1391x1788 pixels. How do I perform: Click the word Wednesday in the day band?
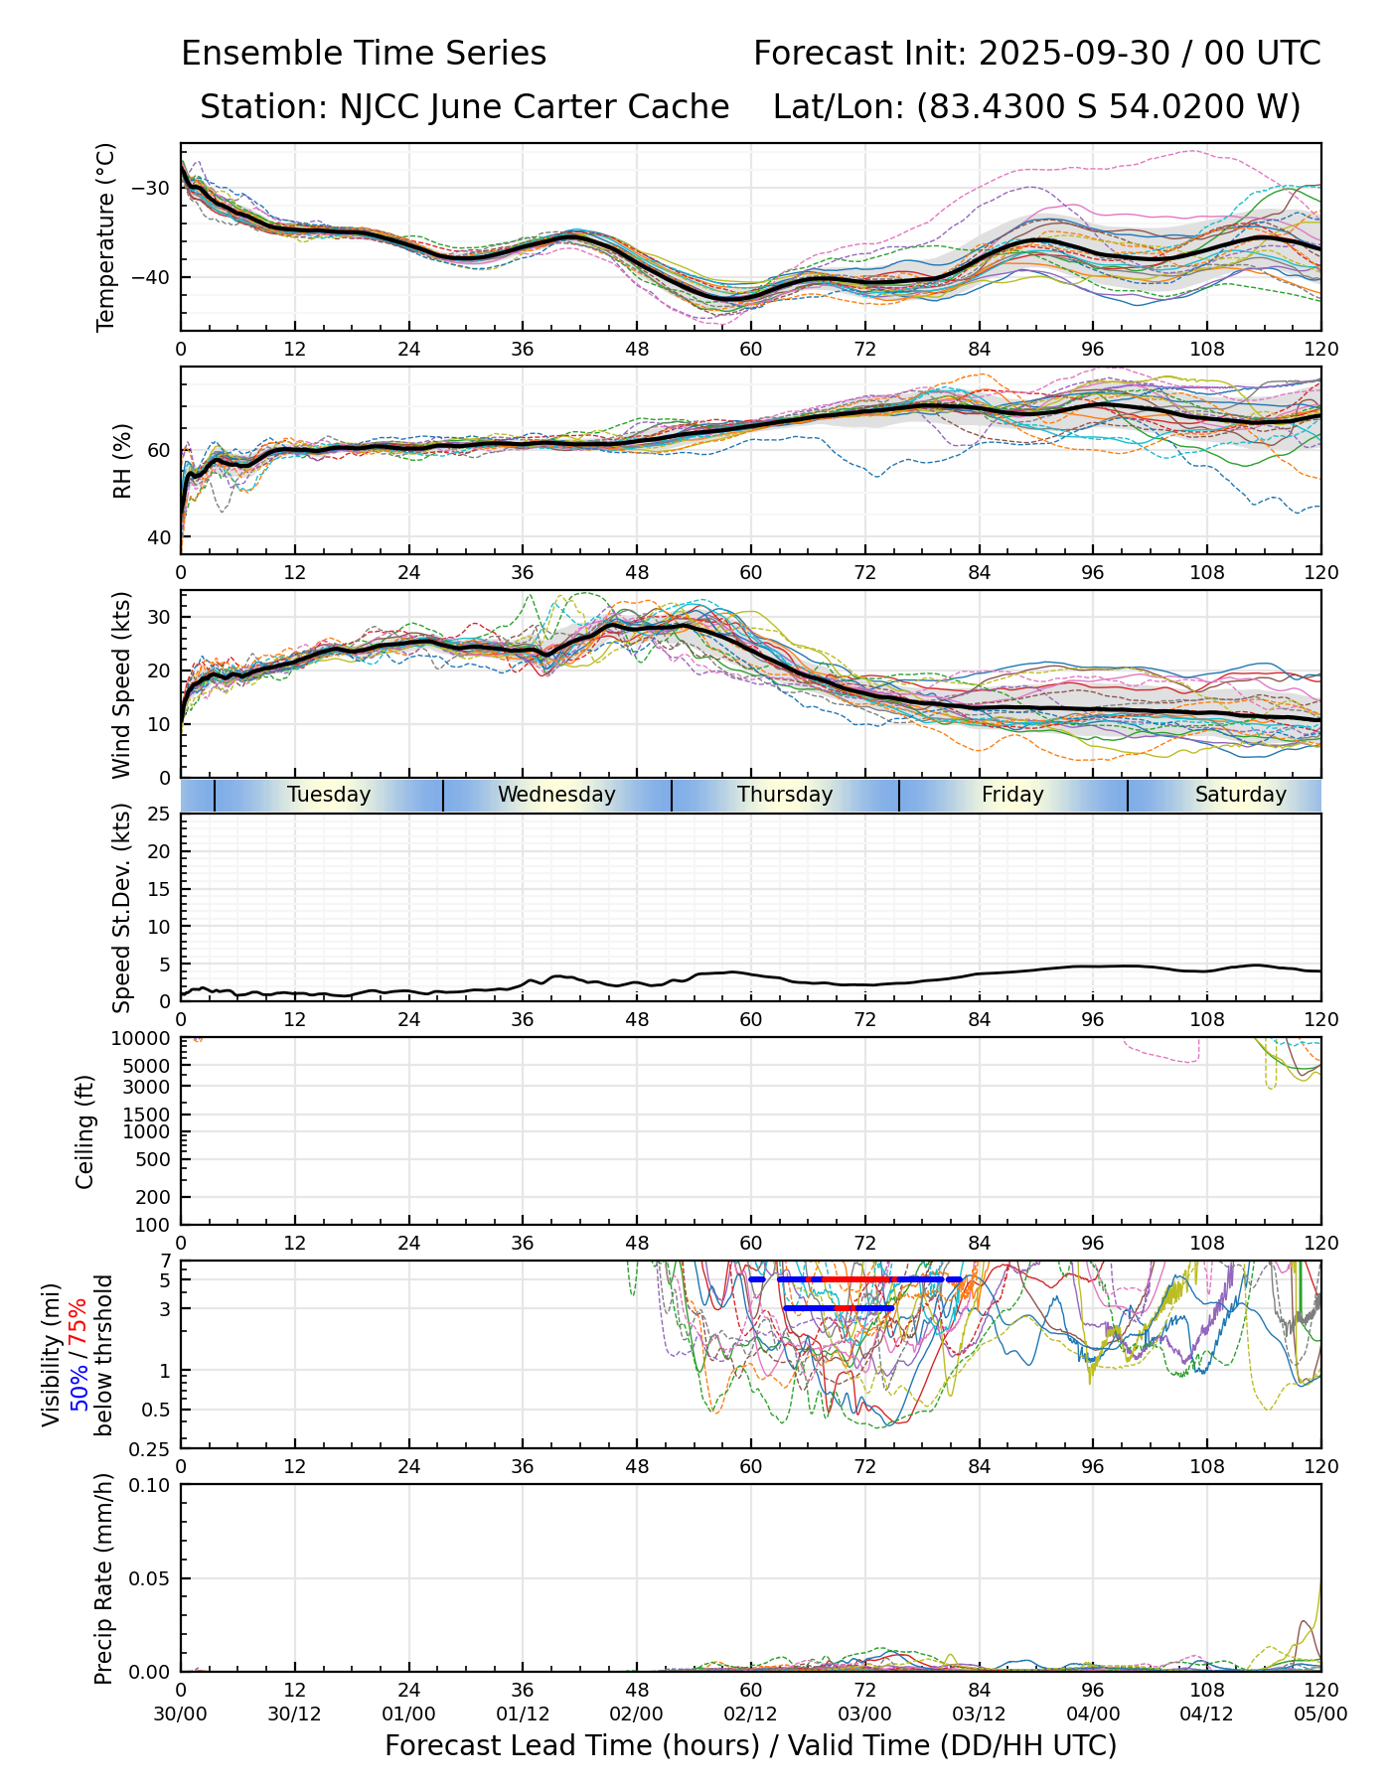pyautogui.click(x=556, y=795)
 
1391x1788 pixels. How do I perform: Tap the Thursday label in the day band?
pyautogui.click(x=785, y=795)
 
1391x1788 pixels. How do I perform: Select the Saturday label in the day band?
pyautogui.click(x=1240, y=795)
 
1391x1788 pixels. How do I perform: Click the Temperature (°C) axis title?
pyautogui.click(x=106, y=236)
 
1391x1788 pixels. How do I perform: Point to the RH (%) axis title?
pyautogui.click(x=122, y=460)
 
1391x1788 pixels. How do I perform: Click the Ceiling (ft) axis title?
pyautogui.click(x=85, y=1131)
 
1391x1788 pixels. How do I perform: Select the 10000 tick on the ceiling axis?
pyautogui.click(x=143, y=1039)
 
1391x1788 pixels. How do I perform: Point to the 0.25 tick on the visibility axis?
pyautogui.click(x=149, y=1447)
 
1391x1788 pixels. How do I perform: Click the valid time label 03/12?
pyautogui.click(x=979, y=1713)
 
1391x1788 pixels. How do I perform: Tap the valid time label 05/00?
pyautogui.click(x=1320, y=1713)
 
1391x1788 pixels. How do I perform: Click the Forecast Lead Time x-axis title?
pyautogui.click(x=751, y=1745)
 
